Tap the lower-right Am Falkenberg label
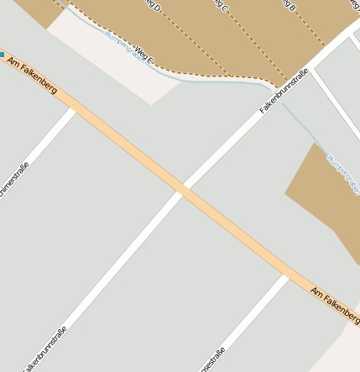[x=333, y=303]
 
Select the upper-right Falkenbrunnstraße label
[x=284, y=91]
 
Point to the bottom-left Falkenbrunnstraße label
[x=44, y=349]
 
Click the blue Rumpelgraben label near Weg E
[x=121, y=43]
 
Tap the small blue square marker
[x=3, y=55]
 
